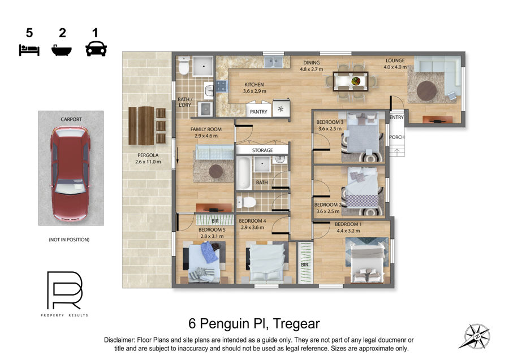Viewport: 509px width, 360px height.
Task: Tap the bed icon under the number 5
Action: pos(29,50)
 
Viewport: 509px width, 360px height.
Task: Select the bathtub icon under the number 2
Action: pos(62,50)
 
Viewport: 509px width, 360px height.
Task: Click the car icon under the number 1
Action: pos(96,49)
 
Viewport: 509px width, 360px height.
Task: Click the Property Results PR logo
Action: pos(64,290)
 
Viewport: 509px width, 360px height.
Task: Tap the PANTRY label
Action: pos(258,111)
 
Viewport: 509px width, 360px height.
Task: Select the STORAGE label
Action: pos(262,150)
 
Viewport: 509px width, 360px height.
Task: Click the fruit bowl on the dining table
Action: pos(356,81)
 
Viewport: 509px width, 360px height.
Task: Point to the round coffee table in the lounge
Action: pos(426,90)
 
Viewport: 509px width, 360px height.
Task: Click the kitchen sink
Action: pos(273,62)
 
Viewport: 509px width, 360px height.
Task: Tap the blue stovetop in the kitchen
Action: pos(222,86)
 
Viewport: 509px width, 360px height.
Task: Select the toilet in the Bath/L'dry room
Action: pos(184,66)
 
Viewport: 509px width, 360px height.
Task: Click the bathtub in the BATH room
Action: pos(244,173)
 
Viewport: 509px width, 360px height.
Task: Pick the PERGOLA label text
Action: pos(148,155)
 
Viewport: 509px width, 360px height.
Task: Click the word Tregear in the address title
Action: pos(296,324)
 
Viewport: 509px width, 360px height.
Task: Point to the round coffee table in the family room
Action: pos(216,171)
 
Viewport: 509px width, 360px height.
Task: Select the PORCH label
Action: pos(396,137)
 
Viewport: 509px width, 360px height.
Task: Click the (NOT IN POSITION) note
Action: pos(69,240)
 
